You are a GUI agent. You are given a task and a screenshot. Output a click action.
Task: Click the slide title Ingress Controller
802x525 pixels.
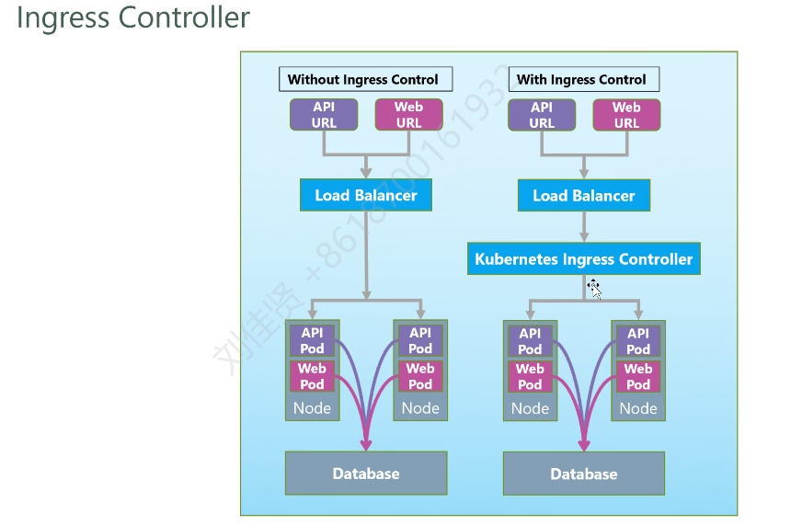coord(133,17)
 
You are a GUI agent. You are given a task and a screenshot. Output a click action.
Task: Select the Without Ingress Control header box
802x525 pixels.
coord(366,79)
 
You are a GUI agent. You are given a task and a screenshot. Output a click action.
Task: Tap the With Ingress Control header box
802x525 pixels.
coord(584,79)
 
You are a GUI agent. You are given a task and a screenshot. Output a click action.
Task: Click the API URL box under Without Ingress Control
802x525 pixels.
coord(324,115)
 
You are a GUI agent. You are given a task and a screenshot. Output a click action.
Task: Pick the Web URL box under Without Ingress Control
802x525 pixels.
coord(408,115)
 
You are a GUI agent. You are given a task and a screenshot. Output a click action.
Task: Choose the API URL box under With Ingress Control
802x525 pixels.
coord(542,115)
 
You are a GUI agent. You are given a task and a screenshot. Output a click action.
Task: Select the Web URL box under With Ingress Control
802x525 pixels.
coord(626,115)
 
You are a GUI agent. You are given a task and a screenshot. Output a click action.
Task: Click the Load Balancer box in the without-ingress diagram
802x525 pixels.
coord(366,195)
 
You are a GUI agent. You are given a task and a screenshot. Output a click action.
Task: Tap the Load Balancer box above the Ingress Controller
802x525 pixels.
coord(584,195)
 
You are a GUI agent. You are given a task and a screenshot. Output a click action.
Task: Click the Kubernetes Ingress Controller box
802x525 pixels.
coord(584,258)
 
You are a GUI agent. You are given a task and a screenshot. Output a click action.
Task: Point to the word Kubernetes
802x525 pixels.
coord(517,259)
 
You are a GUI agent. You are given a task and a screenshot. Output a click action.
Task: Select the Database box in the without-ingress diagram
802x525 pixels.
coord(366,474)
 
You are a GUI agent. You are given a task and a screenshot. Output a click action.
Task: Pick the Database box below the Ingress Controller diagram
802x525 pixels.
coord(584,474)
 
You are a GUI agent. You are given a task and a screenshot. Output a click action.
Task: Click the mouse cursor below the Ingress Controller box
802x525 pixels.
coord(594,289)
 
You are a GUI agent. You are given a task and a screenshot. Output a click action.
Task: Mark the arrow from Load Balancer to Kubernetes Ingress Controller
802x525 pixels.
coord(584,226)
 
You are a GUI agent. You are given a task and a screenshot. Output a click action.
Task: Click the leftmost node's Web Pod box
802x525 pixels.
coord(312,376)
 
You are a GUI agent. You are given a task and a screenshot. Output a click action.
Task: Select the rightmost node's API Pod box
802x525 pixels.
coord(638,341)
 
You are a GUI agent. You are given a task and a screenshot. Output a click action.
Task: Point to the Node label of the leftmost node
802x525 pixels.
coord(312,408)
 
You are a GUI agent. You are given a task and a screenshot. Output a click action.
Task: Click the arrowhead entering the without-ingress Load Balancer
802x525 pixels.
coord(366,173)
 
